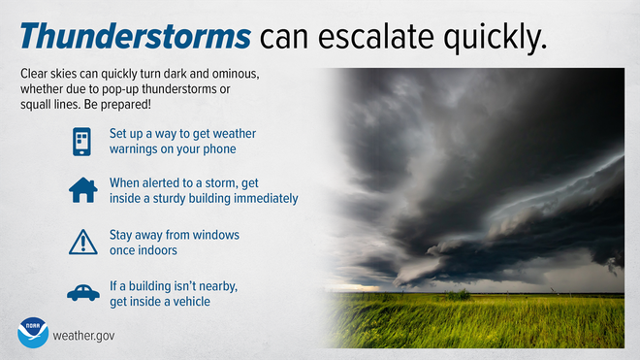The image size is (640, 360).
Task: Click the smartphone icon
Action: pos(82,141)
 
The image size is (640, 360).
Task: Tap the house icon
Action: pos(82,189)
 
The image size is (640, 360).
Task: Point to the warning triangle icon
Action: pos(82,243)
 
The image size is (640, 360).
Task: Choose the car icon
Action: pos(82,292)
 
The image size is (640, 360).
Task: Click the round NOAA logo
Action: pos(33,333)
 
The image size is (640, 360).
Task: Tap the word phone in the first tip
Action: pos(216,148)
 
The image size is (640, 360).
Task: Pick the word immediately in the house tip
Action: pos(263,198)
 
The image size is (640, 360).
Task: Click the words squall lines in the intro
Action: pos(49,103)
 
